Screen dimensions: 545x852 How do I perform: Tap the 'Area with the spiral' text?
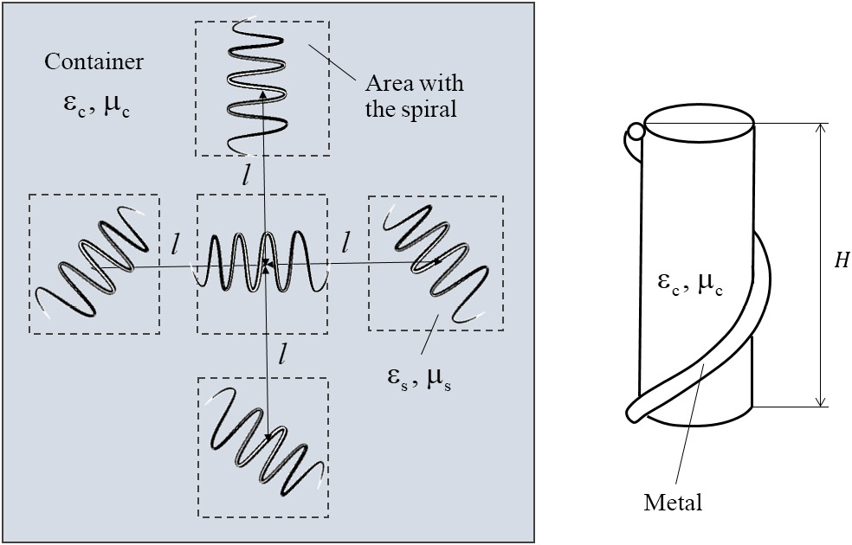(x=414, y=94)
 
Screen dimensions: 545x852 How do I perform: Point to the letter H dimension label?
(x=840, y=262)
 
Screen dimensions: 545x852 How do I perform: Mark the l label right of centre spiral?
(x=346, y=243)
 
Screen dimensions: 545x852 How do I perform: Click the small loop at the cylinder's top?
(x=636, y=132)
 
